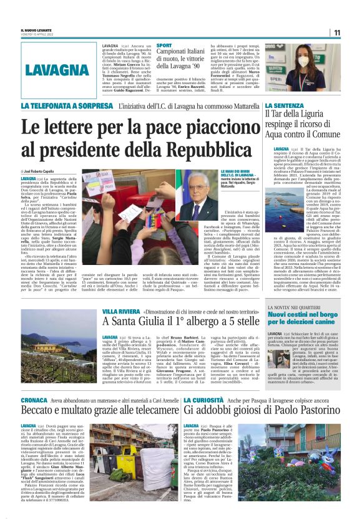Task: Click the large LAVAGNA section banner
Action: (58, 70)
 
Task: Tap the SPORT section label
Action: (164, 46)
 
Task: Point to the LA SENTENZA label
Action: (285, 106)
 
